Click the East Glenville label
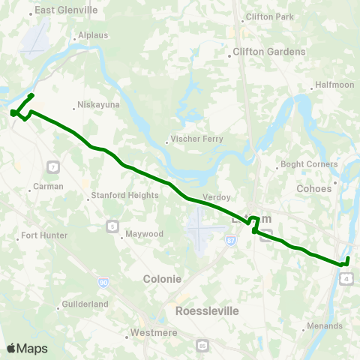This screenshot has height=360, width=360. coord(67,10)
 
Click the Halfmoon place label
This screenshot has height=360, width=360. coord(335,85)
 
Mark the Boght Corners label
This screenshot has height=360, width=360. coord(303,163)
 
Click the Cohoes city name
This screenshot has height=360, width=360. coord(313,188)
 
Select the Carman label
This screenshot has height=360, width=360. coord(51,186)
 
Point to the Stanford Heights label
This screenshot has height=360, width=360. coord(124,195)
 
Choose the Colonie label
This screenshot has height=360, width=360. coord(162,278)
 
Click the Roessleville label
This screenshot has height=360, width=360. coord(204,309)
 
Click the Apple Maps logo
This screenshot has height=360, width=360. coord(27,348)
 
